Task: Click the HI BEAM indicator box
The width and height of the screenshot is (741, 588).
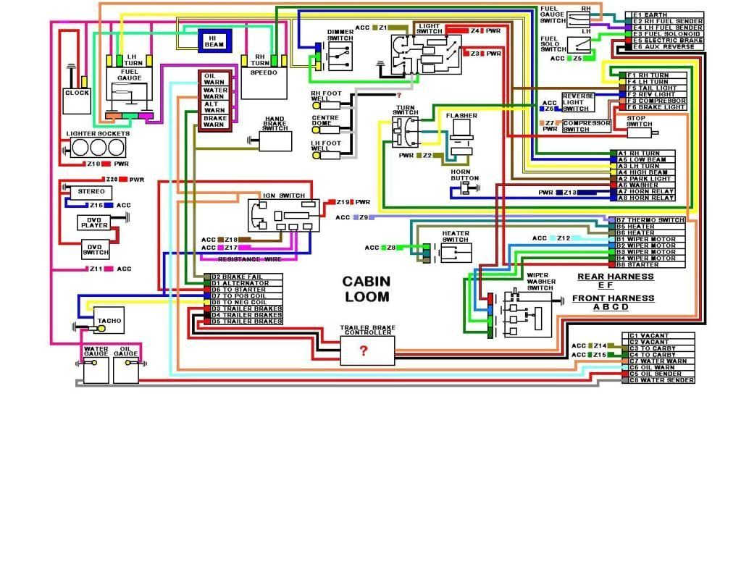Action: (x=215, y=41)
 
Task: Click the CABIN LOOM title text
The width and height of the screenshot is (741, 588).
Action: (x=367, y=288)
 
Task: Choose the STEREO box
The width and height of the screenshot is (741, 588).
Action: (x=91, y=192)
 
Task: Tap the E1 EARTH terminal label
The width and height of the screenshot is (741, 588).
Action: (x=656, y=15)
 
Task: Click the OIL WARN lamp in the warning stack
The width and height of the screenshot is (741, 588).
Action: (x=214, y=78)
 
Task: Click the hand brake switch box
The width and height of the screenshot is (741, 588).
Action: (x=275, y=140)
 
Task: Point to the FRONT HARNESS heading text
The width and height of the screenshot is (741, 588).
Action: (x=613, y=298)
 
